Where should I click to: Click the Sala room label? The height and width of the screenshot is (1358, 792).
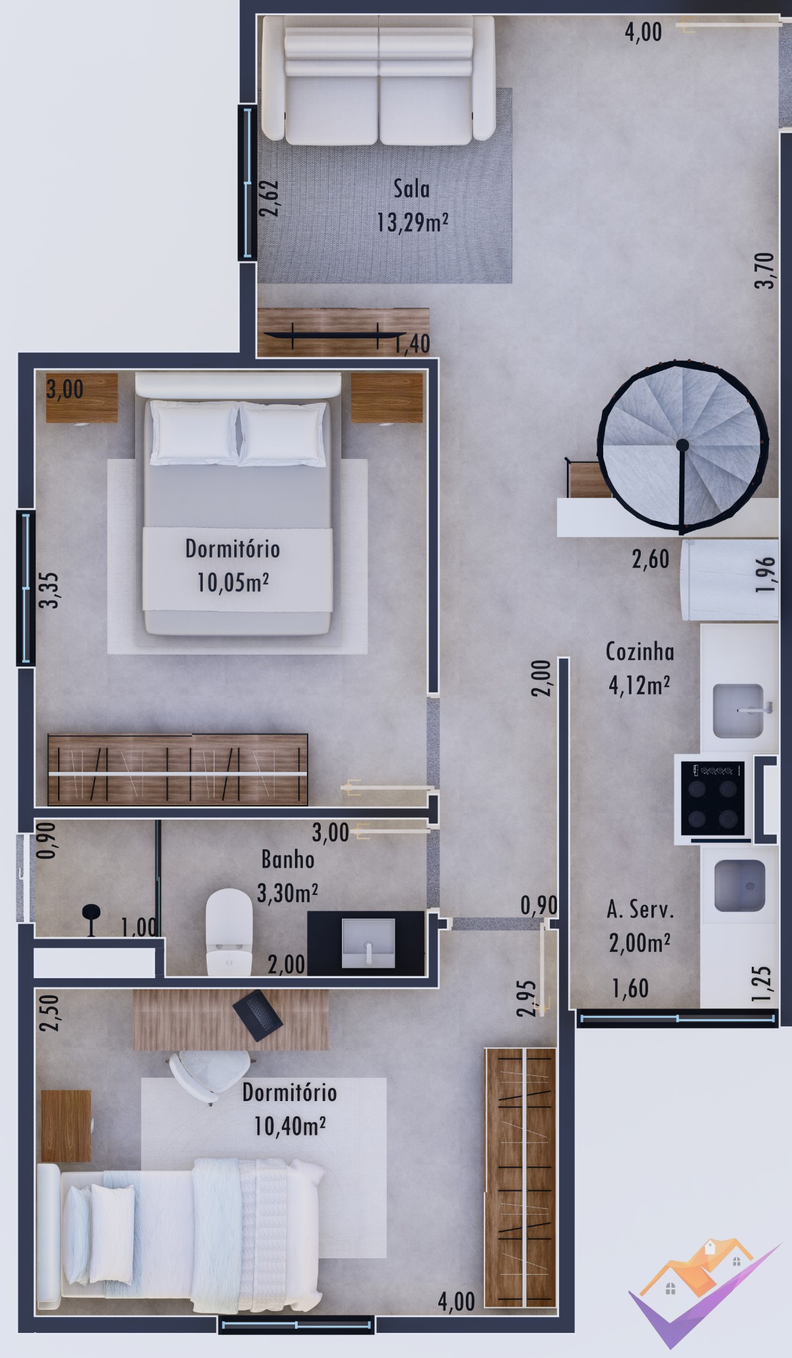click(x=411, y=189)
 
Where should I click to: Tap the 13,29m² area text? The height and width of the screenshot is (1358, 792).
click(x=412, y=223)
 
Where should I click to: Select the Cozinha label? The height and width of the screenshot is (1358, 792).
click(x=640, y=652)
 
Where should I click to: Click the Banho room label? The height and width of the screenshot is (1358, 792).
click(x=288, y=859)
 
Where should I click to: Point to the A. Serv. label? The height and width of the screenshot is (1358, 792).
click(x=640, y=910)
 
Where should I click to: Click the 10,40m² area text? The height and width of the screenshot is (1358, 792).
click(x=290, y=1126)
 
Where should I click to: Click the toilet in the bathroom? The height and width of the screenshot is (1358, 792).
click(x=229, y=931)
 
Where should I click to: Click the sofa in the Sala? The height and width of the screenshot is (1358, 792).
click(x=379, y=80)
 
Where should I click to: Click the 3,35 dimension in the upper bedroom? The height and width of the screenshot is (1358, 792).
click(x=49, y=590)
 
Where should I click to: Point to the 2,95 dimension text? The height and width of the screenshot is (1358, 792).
click(x=526, y=997)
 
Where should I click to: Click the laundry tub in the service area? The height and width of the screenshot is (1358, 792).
click(x=739, y=885)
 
